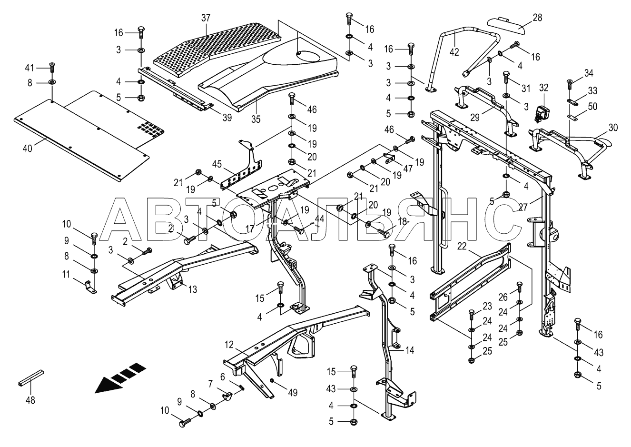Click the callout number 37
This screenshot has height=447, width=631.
(205, 18)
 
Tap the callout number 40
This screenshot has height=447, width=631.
(28, 148)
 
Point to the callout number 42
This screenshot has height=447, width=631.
(454, 52)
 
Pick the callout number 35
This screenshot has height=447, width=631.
(256, 119)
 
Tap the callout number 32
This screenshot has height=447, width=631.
(544, 88)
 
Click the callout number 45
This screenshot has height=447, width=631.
(217, 164)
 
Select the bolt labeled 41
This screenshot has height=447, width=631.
(52, 67)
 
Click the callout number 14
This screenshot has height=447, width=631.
(409, 350)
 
